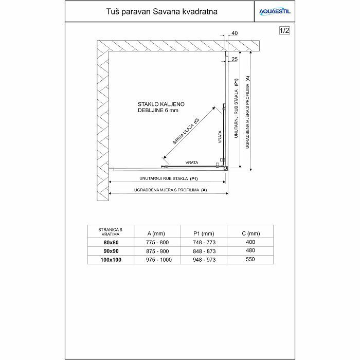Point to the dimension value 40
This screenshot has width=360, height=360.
[x=235, y=33]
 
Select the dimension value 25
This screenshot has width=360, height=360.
[x=235, y=59]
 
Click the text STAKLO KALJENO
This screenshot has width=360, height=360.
[x=161, y=103]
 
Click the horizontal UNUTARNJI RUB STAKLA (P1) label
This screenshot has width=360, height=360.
[x=169, y=178]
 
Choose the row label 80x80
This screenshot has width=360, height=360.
[x=110, y=242]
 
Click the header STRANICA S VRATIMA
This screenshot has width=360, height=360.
[x=110, y=231]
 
